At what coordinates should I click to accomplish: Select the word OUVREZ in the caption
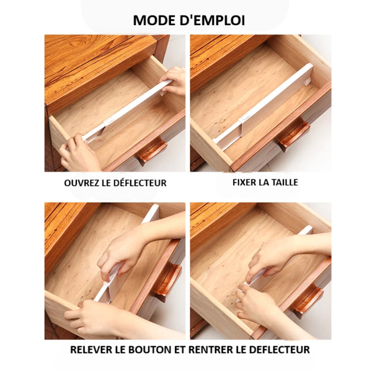(81, 183)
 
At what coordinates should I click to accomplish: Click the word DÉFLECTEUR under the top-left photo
(139, 183)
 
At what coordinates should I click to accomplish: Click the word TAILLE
(283, 182)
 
